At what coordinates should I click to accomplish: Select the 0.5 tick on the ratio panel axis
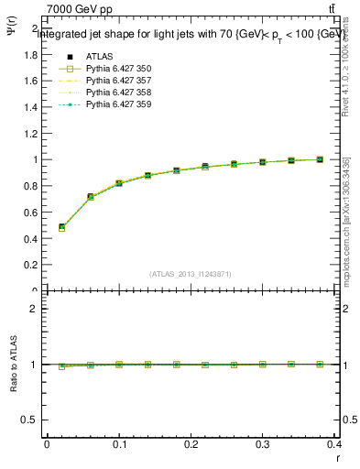pyautogui.click(x=27, y=420)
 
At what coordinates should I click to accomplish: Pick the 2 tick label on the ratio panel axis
pyautogui.click(x=33, y=309)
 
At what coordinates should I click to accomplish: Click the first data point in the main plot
pyautogui.click(x=61, y=227)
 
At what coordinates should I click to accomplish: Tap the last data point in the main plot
pyautogui.click(x=320, y=159)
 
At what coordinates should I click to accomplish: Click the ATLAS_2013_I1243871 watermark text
pyautogui.click(x=191, y=274)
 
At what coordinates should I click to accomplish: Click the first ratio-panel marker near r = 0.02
pyautogui.click(x=61, y=366)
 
